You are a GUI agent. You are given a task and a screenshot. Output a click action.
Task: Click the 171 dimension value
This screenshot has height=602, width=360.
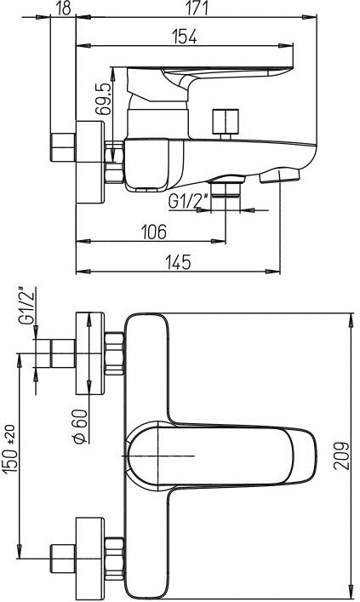point(197,8)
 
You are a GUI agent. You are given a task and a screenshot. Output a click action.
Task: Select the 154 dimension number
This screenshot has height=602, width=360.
point(184,37)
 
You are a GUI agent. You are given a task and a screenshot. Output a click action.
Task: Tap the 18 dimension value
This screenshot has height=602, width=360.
point(64,8)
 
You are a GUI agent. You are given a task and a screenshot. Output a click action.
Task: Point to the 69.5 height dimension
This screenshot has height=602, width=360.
point(103,99)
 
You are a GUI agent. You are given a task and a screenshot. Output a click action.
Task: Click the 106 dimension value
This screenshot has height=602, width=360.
point(154,232)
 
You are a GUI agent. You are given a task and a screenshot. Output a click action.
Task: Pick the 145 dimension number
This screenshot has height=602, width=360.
point(178,262)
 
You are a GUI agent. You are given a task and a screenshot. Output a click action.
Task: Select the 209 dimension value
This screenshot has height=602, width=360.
point(341,456)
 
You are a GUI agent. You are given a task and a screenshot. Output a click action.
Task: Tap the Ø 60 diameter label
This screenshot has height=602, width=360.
point(80,426)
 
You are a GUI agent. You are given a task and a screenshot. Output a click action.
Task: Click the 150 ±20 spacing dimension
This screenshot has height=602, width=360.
point(11,449)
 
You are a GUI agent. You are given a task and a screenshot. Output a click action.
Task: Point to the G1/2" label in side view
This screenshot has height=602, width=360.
point(188,201)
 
